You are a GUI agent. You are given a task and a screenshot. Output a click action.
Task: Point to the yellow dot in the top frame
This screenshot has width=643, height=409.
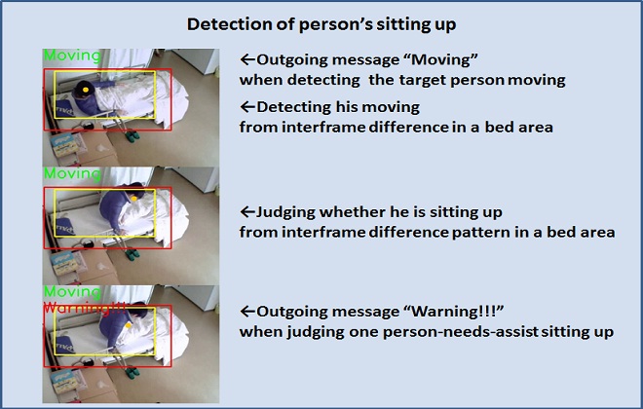(x=86, y=91)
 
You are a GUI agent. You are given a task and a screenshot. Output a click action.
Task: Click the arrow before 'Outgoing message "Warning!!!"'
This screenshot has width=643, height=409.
(x=246, y=313)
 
